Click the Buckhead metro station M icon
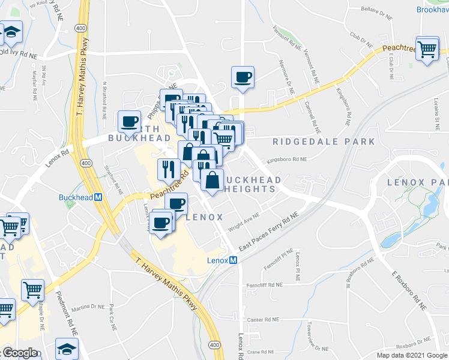point(98,197)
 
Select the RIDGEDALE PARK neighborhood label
point(324,142)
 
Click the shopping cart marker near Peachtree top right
point(427,50)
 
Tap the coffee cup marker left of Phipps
point(129,122)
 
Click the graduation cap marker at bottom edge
point(66,350)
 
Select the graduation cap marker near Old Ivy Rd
point(11,35)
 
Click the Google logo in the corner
point(19,353)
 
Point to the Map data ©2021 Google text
point(412,355)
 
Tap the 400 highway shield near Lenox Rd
point(86,163)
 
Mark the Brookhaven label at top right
point(432,10)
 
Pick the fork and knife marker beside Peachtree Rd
point(167,170)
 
